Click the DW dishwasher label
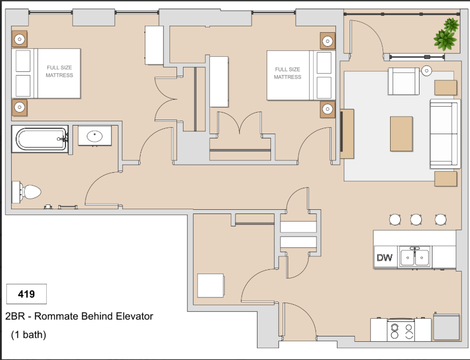coord(384,258)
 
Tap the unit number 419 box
coord(26,294)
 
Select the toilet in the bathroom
coord(26,192)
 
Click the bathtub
coord(40,139)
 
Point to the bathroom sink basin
coord(95,136)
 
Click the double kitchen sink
coord(415,257)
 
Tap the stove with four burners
coord(401,330)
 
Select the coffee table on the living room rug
coord(401,134)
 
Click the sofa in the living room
coord(445,134)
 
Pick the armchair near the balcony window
coord(403,81)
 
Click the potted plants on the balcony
coord(446,34)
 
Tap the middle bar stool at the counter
coord(416,219)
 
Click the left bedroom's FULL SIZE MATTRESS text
coord(60,71)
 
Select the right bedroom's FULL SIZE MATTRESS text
coord(288,73)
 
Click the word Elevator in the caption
coord(135,316)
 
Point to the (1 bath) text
coord(28,335)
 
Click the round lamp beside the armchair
coord(427,71)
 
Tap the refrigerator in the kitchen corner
coord(446,327)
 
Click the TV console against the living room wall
coord(347,134)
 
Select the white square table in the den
coord(210,285)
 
